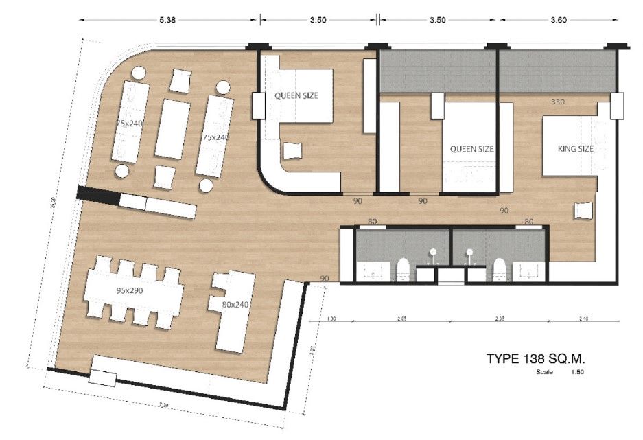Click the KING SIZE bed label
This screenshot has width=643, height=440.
point(576,148)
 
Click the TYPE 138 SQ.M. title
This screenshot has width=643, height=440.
point(538,358)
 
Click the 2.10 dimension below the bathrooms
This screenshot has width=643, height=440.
point(584,319)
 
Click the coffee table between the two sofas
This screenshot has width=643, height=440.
point(172,128)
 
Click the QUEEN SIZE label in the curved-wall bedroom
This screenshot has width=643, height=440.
point(296,95)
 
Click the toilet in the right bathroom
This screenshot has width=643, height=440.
point(501,270)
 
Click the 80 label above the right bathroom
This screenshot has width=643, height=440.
point(528,221)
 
